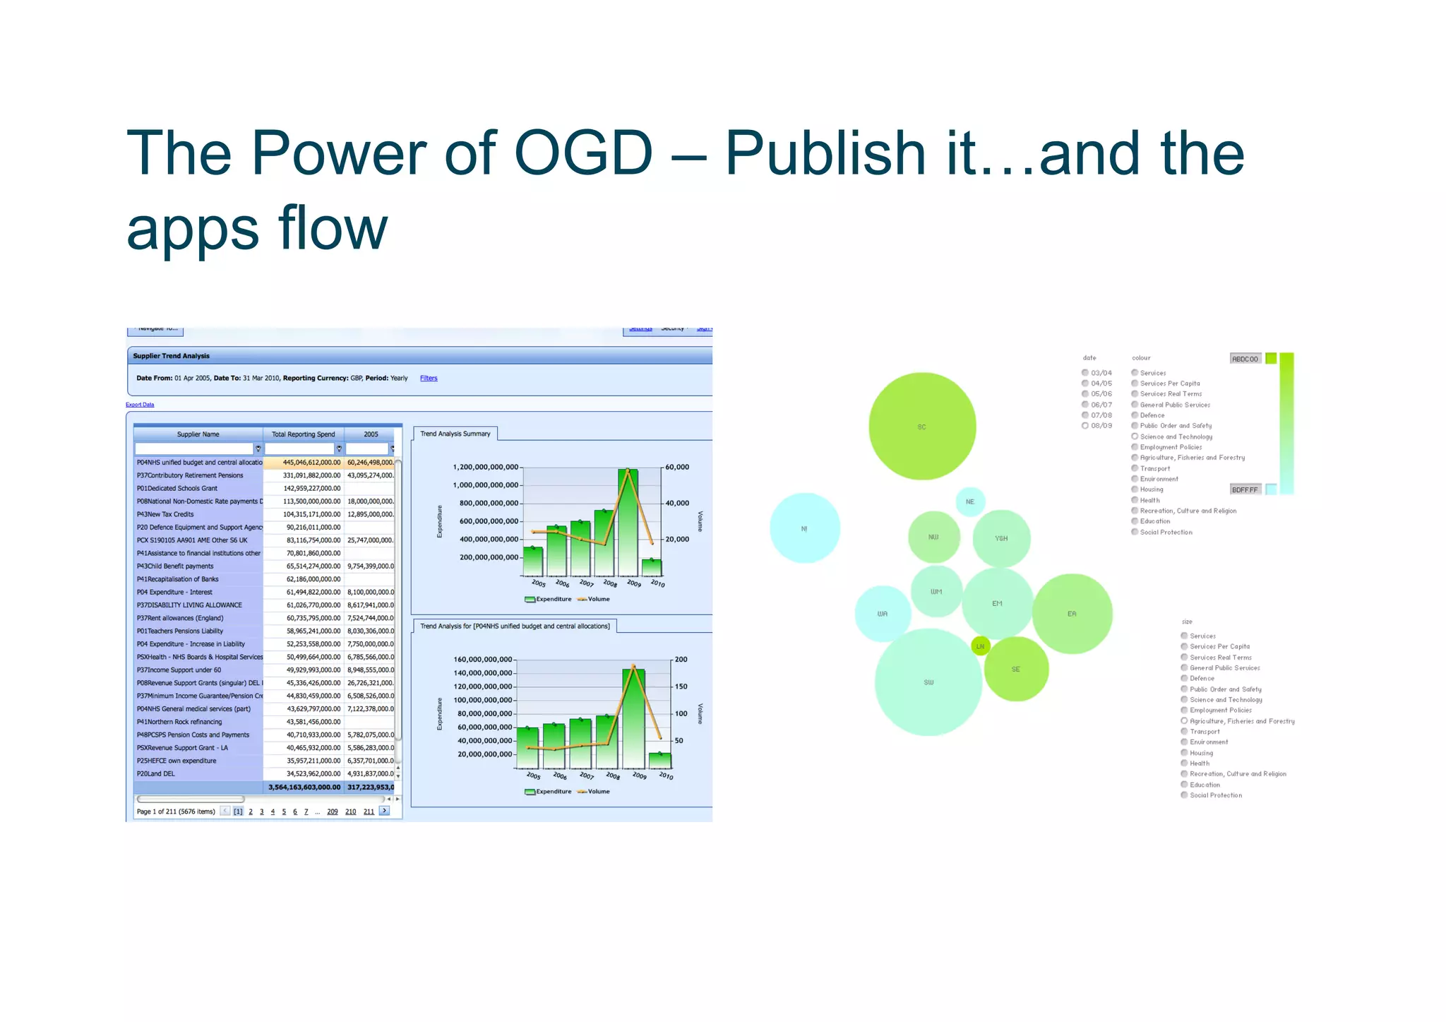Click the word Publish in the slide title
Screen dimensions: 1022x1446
point(825,153)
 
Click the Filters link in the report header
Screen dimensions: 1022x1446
point(429,379)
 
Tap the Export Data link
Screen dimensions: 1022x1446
point(140,405)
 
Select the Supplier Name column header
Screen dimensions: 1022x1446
point(198,434)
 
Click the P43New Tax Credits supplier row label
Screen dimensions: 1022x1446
point(165,514)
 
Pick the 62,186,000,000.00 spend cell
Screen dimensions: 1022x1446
point(313,579)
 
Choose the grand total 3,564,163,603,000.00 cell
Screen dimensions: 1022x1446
point(304,787)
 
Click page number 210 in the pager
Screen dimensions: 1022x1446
point(350,812)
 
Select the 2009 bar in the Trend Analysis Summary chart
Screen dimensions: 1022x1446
point(628,523)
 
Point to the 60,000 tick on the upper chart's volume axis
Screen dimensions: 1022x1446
point(677,467)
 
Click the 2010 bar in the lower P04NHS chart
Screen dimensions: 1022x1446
point(660,761)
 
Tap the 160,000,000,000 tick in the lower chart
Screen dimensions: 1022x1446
point(484,660)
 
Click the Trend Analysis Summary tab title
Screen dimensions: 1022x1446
point(455,434)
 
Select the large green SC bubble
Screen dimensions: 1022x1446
point(922,427)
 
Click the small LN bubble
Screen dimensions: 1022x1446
point(980,646)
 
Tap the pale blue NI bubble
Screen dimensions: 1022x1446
point(804,528)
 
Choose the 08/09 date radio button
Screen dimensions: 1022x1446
point(1085,426)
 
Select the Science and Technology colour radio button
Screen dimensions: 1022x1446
point(1135,436)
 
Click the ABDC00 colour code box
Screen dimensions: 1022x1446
point(1245,359)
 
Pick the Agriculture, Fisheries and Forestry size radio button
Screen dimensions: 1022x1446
point(1184,721)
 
